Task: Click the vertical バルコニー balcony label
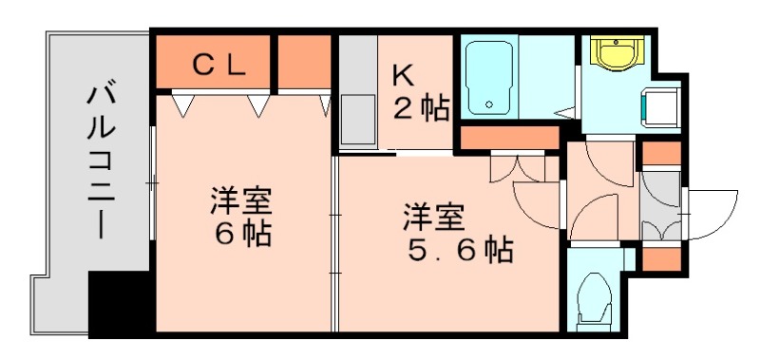click(x=100, y=161)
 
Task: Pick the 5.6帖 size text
click(x=461, y=250)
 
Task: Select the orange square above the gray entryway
click(x=660, y=152)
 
